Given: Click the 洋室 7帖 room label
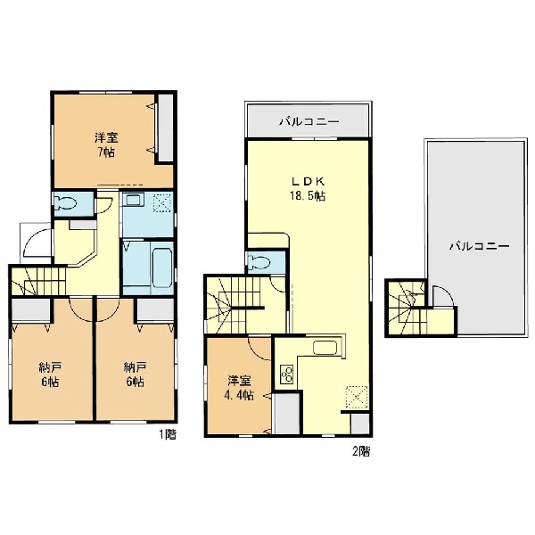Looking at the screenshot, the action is [106, 145].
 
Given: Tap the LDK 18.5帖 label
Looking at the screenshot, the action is [308, 188].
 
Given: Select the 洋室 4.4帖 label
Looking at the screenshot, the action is [239, 388].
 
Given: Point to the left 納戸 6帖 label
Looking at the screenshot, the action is [50, 374].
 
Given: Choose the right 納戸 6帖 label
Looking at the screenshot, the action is [136, 374].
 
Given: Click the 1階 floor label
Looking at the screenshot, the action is [168, 434].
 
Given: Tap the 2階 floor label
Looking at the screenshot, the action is [361, 451].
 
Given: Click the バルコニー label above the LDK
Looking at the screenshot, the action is [309, 121].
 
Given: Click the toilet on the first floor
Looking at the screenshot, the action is [65, 203].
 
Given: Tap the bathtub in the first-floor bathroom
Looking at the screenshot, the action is [162, 268].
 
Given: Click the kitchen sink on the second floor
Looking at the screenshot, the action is [325, 348].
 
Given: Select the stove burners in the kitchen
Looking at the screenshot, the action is [286, 374].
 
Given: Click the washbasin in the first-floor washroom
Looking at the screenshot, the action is [133, 200].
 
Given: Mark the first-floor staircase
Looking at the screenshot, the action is [38, 281].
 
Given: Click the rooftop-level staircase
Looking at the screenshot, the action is [406, 309].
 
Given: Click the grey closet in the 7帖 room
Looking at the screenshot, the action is [166, 128].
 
